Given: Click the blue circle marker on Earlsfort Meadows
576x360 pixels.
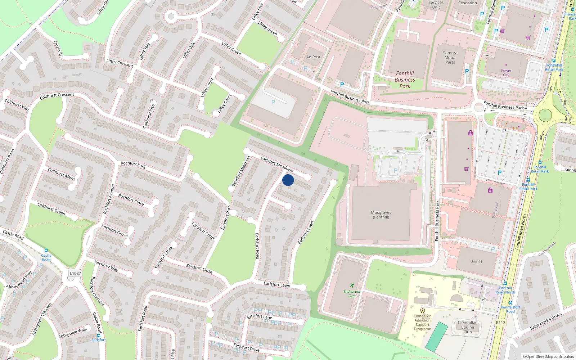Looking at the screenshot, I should click(288, 180).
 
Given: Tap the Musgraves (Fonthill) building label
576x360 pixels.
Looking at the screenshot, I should click(381, 215).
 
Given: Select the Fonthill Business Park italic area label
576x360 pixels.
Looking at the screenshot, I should click(405, 80).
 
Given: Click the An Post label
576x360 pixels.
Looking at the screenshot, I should click(313, 57).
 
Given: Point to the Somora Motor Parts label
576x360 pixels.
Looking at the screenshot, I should click(450, 58).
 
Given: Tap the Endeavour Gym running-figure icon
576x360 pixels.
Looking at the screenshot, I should click(352, 285).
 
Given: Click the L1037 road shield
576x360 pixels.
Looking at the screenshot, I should click(75, 273).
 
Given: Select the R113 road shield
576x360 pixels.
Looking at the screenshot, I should click(500, 323).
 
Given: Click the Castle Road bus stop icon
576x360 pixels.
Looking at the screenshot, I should click(46, 251).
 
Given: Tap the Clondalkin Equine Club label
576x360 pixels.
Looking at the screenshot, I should click(467, 327).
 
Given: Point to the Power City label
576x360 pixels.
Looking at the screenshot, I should click(506, 73).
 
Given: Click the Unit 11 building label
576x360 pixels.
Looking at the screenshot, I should click(476, 261).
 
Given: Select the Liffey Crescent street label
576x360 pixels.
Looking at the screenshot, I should click(120, 63).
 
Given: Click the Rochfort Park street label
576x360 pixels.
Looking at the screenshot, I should click(133, 165).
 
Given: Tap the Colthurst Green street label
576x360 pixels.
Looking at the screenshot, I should click(51, 209).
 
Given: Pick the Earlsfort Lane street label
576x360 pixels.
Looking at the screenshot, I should click(259, 316).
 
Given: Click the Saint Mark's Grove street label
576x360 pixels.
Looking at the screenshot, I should click(546, 321).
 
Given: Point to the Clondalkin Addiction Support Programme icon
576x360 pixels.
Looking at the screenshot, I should click(423, 310).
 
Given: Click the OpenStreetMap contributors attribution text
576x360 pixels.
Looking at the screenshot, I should click(548, 356).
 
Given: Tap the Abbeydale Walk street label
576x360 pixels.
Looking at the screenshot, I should click(73, 333).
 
